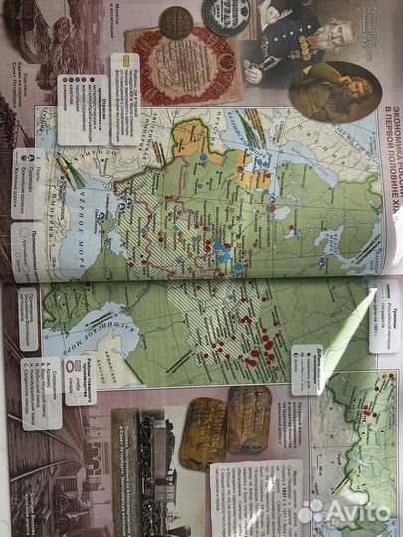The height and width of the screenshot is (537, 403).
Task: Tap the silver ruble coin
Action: point(222,14)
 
